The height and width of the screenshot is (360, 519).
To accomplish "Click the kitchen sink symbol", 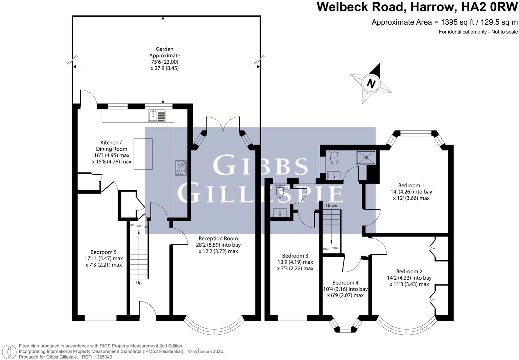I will click(x=157, y=115).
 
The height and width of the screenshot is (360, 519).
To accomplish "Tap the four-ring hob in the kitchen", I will click(x=181, y=167).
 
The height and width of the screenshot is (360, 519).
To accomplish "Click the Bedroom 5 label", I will click(x=104, y=252).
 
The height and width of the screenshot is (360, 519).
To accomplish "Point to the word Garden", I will click(x=165, y=49).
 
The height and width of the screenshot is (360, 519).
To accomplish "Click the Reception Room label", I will click(x=218, y=238).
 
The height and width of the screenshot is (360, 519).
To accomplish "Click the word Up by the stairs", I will click(x=139, y=283).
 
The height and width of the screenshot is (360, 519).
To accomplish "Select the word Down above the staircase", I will click(x=331, y=206).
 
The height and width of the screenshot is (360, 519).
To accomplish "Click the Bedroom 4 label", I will click(x=345, y=283).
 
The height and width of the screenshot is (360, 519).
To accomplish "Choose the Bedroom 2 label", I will click(x=409, y=271).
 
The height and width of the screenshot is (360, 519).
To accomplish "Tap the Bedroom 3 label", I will click(x=295, y=256).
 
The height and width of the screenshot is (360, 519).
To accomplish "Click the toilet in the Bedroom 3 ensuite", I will click(x=280, y=190).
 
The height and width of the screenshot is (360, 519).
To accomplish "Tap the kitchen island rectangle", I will click(x=143, y=154).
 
